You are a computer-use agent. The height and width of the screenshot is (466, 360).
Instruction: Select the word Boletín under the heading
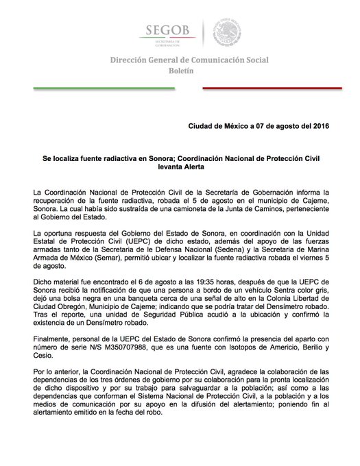pos(180,71)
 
